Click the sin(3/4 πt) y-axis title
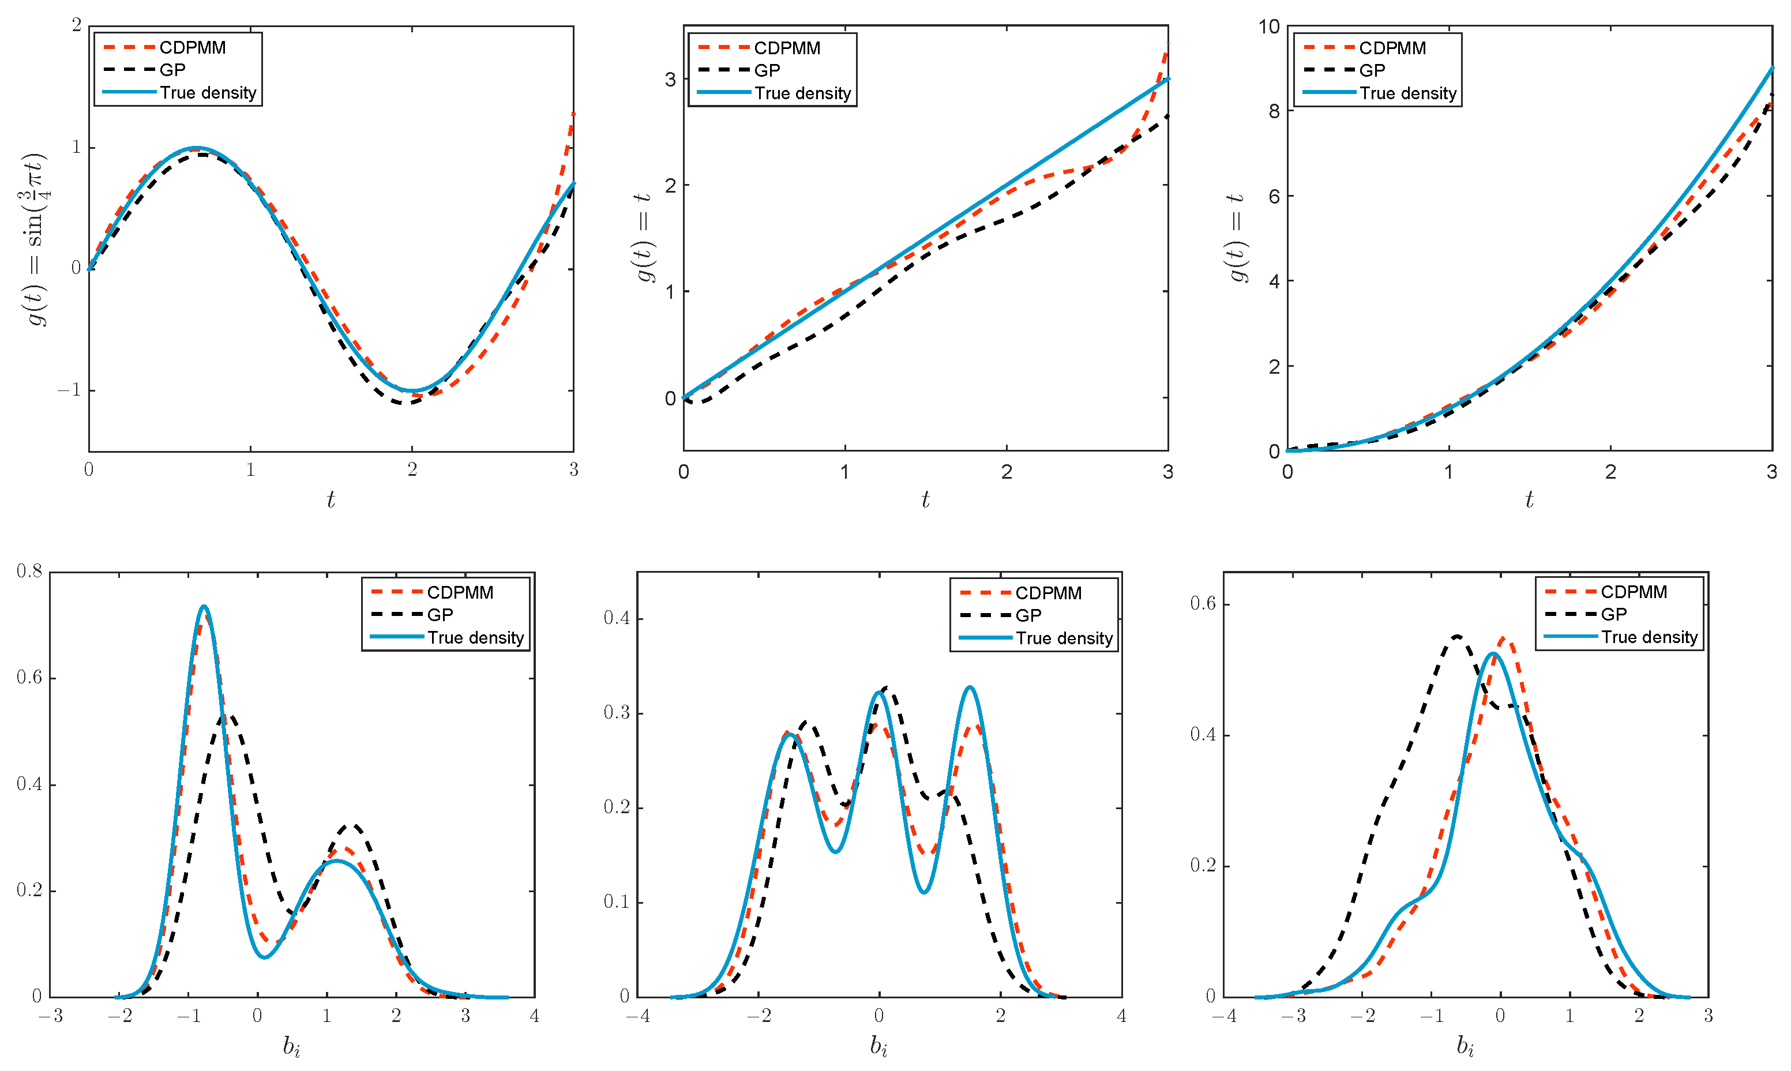[x=36, y=239]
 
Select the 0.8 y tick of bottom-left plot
[x=29, y=572]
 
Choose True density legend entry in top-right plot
[x=1407, y=93]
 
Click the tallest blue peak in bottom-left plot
[x=204, y=607]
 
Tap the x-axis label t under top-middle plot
[x=925, y=499]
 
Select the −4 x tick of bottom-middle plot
[x=637, y=1016]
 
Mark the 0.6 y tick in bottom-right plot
[x=1203, y=603]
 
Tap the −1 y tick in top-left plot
[x=69, y=390]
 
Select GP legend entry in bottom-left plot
[x=440, y=615]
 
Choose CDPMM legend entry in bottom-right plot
[x=1633, y=592]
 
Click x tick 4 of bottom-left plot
[x=534, y=1016]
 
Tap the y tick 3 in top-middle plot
[x=670, y=80]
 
